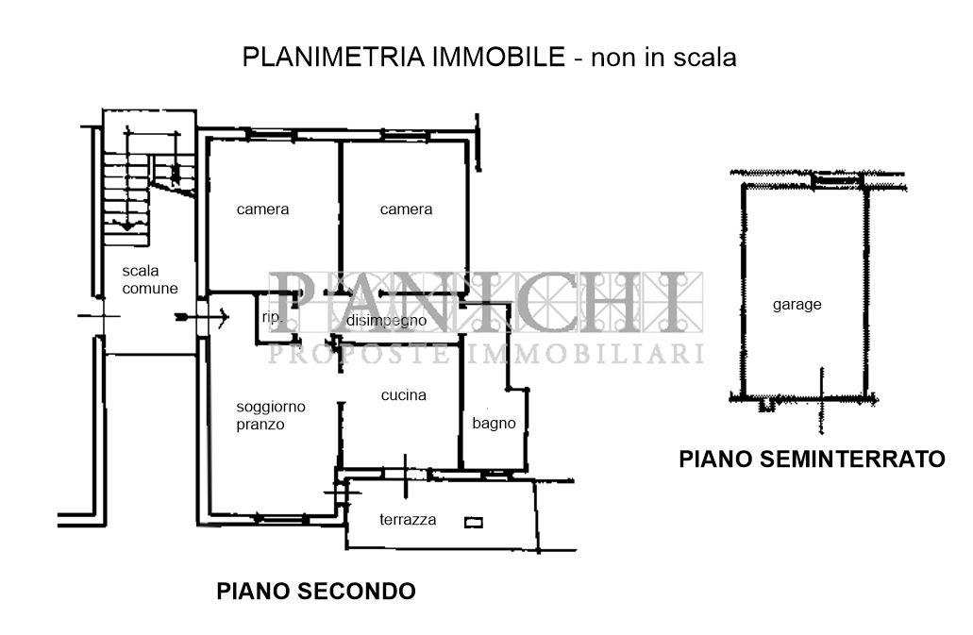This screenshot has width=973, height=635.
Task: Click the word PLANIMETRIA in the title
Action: tap(333, 57)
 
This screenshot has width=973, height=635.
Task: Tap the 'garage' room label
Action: tap(797, 305)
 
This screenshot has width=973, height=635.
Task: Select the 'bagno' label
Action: tap(494, 424)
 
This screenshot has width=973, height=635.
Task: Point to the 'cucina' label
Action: tap(403, 395)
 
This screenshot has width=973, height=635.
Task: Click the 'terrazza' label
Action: tap(408, 520)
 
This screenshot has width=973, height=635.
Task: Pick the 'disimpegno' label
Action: tap(387, 321)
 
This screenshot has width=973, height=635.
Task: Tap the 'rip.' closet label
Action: tap(272, 317)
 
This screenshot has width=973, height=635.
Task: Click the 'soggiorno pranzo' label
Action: tap(271, 415)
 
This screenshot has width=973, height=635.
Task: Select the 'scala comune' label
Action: tap(149, 279)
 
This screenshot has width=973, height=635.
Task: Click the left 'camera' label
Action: tap(262, 209)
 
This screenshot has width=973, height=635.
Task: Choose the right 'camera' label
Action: tap(406, 209)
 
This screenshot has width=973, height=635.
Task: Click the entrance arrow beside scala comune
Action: tap(202, 317)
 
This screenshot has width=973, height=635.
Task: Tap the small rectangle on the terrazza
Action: tap(474, 523)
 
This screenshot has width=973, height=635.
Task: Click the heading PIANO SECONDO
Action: tap(316, 591)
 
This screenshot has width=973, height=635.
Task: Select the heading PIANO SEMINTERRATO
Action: tap(812, 459)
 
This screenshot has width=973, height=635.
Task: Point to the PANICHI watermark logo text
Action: tap(485, 302)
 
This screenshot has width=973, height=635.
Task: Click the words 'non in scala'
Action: tap(663, 57)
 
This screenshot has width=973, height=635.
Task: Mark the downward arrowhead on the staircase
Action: tap(127, 226)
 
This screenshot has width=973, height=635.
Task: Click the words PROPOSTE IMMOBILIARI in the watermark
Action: tap(485, 354)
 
